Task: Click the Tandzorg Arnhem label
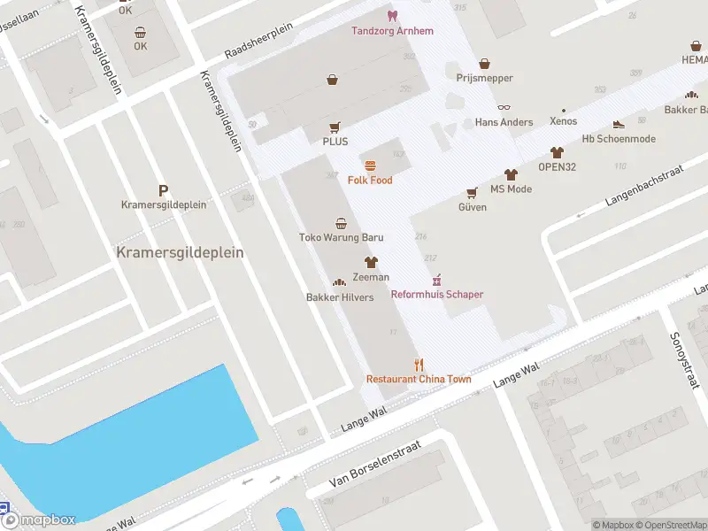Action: (392, 31)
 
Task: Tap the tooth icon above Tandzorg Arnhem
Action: (392, 16)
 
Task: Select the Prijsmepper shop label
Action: (484, 78)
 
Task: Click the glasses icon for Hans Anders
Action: (504, 107)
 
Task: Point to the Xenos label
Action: (563, 121)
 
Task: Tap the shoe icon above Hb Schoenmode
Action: (618, 125)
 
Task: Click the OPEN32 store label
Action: (557, 166)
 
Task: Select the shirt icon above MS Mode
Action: (511, 174)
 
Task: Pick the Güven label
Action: (472, 207)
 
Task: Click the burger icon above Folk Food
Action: (370, 165)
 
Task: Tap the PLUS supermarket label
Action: (335, 142)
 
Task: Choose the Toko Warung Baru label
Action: (341, 237)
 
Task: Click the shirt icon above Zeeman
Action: (371, 262)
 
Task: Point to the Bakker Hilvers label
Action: (339, 297)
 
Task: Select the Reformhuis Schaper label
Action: (437, 294)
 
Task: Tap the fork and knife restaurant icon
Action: (419, 365)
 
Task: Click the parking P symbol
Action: (163, 190)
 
